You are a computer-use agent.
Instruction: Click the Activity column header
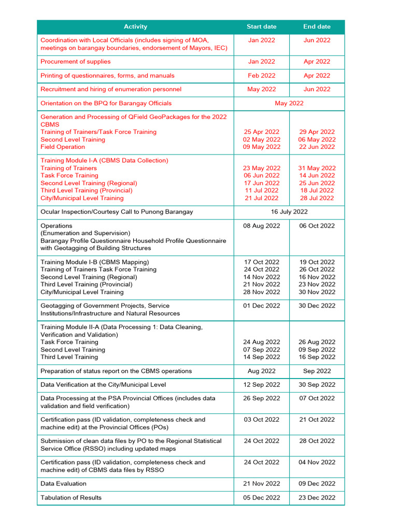[135, 26]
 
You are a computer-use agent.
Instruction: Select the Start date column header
[261, 26]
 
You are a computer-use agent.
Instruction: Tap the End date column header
[317, 26]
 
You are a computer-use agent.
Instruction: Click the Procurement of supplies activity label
[76, 62]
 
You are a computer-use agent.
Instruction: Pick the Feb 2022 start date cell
[261, 76]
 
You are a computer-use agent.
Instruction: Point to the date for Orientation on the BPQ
[289, 103]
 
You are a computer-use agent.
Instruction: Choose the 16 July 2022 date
[289, 212]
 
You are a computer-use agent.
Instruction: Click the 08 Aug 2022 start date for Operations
[262, 226]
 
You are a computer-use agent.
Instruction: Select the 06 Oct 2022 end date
[317, 226]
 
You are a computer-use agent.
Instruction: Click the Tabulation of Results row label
[71, 498]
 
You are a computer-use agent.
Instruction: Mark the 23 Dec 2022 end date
[317, 498]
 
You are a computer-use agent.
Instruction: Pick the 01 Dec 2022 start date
[262, 306]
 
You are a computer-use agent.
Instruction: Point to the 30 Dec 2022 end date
[317, 306]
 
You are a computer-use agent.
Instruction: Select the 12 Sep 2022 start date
[262, 385]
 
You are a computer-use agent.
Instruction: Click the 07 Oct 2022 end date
[317, 399]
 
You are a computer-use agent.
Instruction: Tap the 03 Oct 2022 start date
[262, 420]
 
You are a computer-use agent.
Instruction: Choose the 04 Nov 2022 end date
[317, 462]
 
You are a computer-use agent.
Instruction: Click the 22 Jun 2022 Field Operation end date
[317, 147]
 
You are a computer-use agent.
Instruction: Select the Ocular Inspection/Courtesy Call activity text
[117, 212]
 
